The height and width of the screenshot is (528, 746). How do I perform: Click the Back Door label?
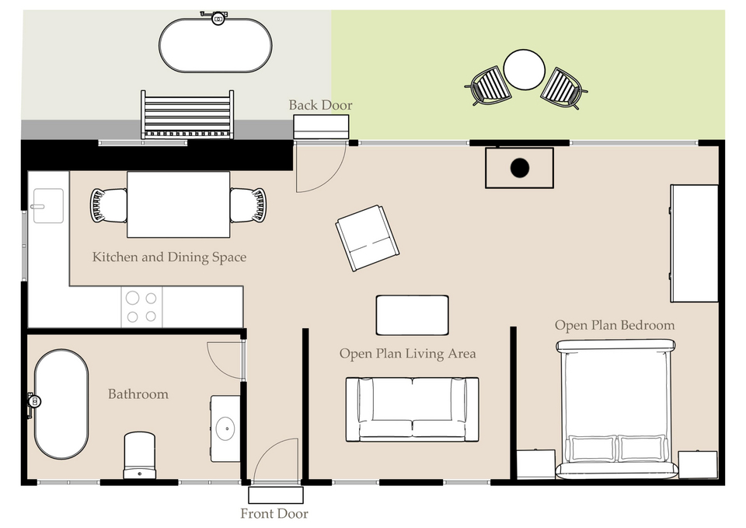pyautogui.click(x=320, y=105)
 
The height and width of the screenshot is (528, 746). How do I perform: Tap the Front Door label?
pyautogui.click(x=274, y=513)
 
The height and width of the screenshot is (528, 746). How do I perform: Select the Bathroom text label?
pyautogui.click(x=138, y=394)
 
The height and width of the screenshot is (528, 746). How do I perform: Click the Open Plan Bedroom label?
pyautogui.click(x=614, y=325)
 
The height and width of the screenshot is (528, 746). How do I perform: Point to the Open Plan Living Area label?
pyautogui.click(x=407, y=354)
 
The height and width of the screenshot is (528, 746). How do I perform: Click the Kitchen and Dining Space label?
pyautogui.click(x=169, y=257)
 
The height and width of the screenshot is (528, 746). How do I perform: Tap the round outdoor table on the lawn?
pyautogui.click(x=525, y=70)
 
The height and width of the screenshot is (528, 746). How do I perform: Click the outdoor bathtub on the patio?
pyautogui.click(x=215, y=46)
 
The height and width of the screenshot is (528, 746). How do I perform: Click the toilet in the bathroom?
pyautogui.click(x=140, y=456)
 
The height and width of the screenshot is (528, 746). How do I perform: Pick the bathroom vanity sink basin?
pyautogui.click(x=226, y=427)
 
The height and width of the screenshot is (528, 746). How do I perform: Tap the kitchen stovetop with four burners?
pyautogui.click(x=141, y=306)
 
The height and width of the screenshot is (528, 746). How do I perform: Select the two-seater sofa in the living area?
pyautogui.click(x=412, y=409)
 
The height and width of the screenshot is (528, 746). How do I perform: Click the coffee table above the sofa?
pyautogui.click(x=412, y=315)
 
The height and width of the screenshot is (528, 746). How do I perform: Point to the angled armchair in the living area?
pyautogui.click(x=367, y=238)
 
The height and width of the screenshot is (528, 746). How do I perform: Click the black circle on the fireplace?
pyautogui.click(x=519, y=167)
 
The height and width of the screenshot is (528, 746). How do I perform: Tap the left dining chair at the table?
pyautogui.click(x=108, y=205)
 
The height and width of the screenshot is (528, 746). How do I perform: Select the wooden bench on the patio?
pyautogui.click(x=186, y=115)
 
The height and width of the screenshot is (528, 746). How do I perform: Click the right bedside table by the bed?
pyautogui.click(x=697, y=464)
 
